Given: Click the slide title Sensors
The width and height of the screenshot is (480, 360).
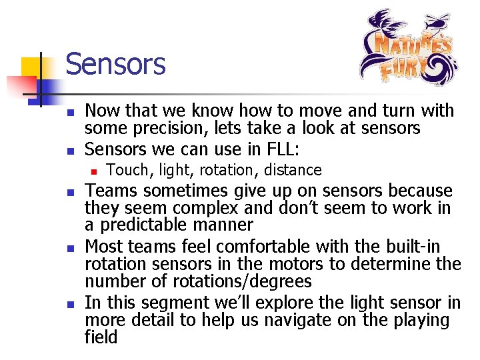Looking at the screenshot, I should click(x=115, y=65).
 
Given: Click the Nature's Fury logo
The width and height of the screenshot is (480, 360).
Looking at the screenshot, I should click(x=408, y=47).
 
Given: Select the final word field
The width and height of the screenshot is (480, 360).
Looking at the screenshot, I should click(x=101, y=337).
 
